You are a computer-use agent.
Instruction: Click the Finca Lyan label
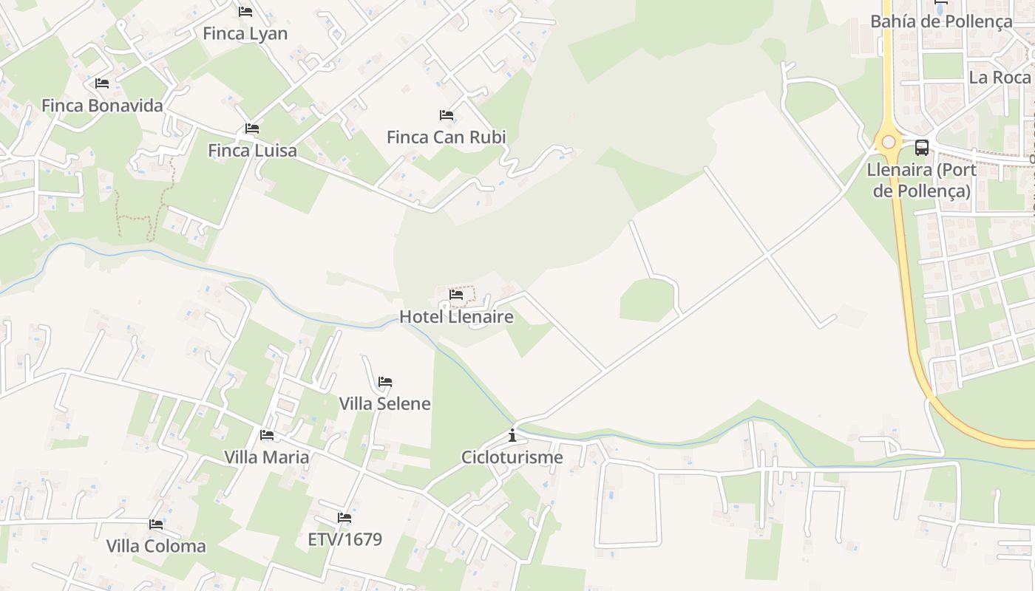(x=245, y=34)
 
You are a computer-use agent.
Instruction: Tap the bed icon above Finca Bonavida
(x=102, y=83)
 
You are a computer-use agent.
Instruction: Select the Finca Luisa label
(x=252, y=151)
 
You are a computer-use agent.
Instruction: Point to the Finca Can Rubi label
(x=446, y=137)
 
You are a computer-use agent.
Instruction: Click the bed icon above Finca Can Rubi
(x=446, y=115)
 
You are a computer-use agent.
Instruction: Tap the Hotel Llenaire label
(x=456, y=317)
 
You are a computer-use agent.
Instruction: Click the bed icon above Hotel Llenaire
(x=456, y=295)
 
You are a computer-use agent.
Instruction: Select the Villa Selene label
(x=384, y=403)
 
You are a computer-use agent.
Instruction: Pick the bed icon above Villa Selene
(x=384, y=382)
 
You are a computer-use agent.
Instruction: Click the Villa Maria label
(x=266, y=457)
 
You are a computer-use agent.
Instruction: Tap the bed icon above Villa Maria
(x=266, y=435)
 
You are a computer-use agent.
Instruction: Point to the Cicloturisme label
(x=512, y=457)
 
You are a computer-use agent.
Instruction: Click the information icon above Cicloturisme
(x=512, y=435)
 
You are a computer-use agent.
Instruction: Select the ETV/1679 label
(x=345, y=539)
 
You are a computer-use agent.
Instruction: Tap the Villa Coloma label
(x=155, y=547)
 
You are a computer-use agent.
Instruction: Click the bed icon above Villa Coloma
(x=155, y=525)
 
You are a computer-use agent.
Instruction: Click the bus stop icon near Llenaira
(x=921, y=147)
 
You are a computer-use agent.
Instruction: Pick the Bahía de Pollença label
(x=941, y=21)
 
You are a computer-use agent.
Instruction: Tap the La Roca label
(x=1000, y=78)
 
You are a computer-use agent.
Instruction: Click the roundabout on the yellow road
(x=888, y=142)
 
